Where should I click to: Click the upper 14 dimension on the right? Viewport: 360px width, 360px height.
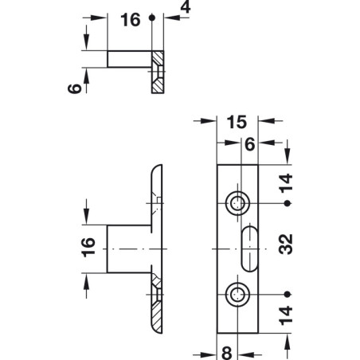pyautogui.click(x=288, y=184)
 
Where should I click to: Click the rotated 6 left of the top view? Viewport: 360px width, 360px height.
pyautogui.click(x=72, y=89)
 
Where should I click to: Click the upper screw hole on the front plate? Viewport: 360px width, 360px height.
pyautogui.click(x=237, y=203)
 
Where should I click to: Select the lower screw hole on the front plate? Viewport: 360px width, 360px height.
pyautogui.click(x=237, y=295)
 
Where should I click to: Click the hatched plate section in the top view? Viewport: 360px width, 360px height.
pyautogui.click(x=158, y=72)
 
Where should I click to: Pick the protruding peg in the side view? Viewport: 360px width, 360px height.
pyautogui.click(x=127, y=250)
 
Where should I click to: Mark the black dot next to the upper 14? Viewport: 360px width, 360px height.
pyautogui.click(x=288, y=203)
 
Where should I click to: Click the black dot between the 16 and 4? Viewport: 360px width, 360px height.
pyautogui.click(x=151, y=22)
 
